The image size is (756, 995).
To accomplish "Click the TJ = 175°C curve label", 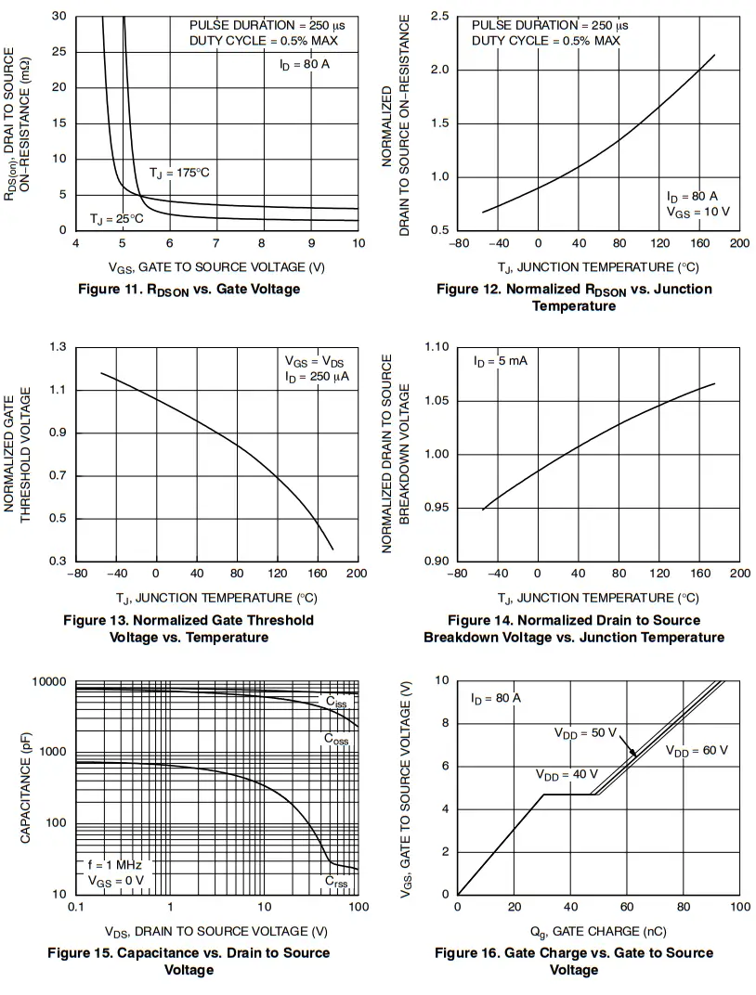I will (x=179, y=174).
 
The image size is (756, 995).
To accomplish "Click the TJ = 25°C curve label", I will (x=117, y=219).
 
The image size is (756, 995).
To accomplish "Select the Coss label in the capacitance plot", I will (x=337, y=739).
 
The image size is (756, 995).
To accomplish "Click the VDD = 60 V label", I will (x=697, y=751).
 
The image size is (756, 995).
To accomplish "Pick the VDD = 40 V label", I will (x=567, y=774).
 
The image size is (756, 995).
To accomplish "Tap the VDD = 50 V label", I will (x=585, y=733).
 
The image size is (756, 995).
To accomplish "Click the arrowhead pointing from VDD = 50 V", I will (x=634, y=754).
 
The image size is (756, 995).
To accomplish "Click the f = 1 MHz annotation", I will (x=115, y=864).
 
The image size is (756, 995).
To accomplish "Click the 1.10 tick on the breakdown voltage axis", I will (x=437, y=347).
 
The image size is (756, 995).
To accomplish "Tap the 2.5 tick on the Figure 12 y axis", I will (x=440, y=17).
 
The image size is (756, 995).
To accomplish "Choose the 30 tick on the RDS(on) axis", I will (x=59, y=17).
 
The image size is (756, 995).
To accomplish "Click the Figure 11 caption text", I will (x=189, y=289).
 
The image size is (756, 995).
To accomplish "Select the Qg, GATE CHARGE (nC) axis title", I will (x=598, y=931).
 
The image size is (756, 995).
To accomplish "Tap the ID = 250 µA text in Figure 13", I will (x=317, y=378).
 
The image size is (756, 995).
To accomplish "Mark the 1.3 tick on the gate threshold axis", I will (x=58, y=347).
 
